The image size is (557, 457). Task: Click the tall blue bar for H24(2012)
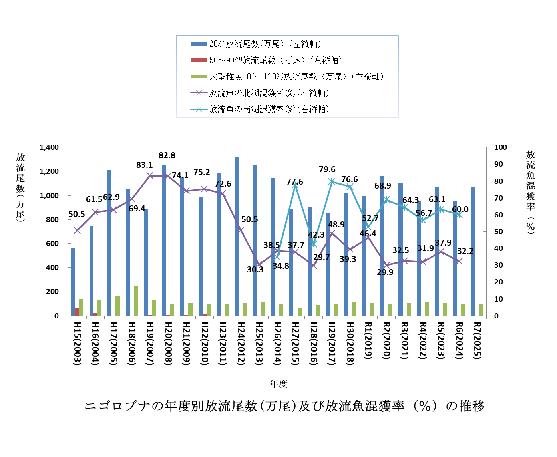click(237, 236)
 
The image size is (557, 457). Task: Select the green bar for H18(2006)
click(136, 301)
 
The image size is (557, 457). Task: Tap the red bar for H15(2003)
click(77, 312)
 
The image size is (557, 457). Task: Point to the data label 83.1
click(145, 165)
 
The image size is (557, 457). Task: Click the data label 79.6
click(327, 170)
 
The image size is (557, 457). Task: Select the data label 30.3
click(255, 270)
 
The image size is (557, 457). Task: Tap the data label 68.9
click(383, 186)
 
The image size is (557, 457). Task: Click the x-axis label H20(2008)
click(167, 343)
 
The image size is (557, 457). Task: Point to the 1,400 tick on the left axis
click(49, 147)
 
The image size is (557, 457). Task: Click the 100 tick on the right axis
click(501, 147)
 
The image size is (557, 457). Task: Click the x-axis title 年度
click(278, 384)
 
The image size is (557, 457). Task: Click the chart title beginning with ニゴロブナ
click(284, 406)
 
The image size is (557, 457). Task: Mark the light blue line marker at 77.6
click(295, 185)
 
